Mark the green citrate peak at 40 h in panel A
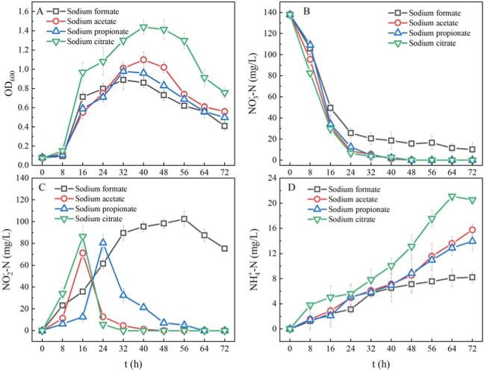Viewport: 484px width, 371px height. [x=143, y=28]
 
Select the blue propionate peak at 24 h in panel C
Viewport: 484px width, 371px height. [x=103, y=243]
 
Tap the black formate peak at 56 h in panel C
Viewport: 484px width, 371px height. [x=184, y=219]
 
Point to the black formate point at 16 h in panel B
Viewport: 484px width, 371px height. [x=329, y=108]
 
